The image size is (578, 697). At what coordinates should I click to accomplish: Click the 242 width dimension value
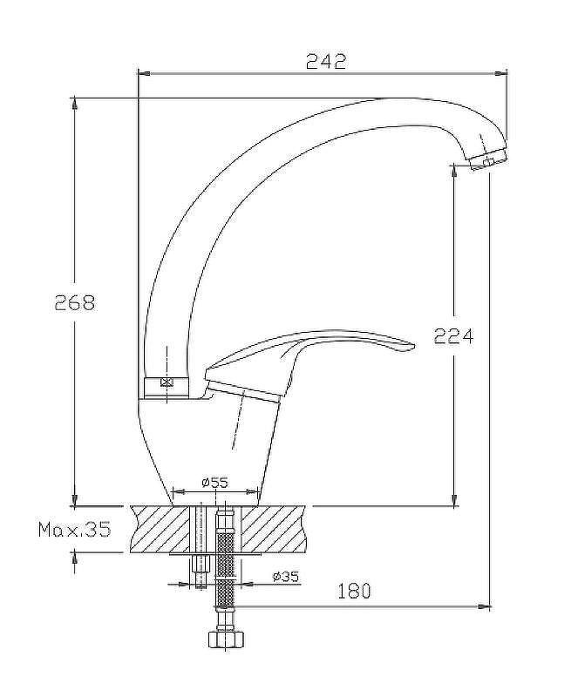326,61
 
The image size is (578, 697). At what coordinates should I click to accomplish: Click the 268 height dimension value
75,302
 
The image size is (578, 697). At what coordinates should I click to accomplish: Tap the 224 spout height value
453,336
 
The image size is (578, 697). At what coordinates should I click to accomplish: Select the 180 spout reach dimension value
354,591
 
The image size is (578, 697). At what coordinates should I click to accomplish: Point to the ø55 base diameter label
215,482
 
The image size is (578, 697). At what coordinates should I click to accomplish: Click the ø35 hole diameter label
286,577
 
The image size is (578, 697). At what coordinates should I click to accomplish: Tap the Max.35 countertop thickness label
74,530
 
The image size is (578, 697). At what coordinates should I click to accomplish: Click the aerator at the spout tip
489,160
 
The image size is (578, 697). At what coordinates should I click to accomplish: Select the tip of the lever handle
413,345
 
